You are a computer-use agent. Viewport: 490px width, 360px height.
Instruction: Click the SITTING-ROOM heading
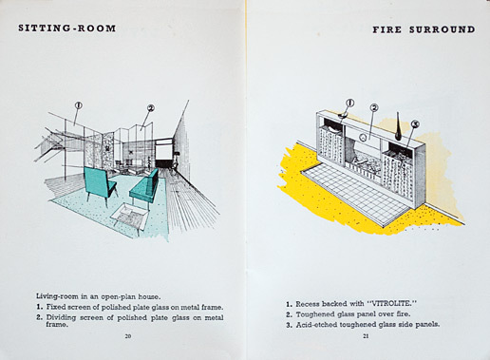(67, 28)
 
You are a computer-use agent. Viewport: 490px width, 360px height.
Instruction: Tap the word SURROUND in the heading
(443, 29)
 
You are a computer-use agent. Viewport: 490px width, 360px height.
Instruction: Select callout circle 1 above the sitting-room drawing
(79, 105)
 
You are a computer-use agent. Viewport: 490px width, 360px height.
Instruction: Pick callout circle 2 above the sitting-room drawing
(151, 108)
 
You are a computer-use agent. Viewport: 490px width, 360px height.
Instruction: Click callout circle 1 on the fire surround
(350, 103)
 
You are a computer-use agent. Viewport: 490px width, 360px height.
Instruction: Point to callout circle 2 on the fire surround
(374, 108)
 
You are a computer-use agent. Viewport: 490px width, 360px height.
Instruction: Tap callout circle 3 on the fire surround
(415, 124)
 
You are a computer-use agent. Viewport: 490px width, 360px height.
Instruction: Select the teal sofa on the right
(145, 188)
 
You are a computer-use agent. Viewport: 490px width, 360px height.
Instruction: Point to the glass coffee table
(130, 217)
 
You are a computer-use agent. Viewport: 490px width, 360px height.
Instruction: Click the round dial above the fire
(364, 138)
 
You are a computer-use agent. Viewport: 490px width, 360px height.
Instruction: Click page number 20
(128, 336)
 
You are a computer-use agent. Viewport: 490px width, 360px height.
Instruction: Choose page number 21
(366, 336)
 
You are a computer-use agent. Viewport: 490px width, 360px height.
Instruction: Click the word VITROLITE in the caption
(392, 304)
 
